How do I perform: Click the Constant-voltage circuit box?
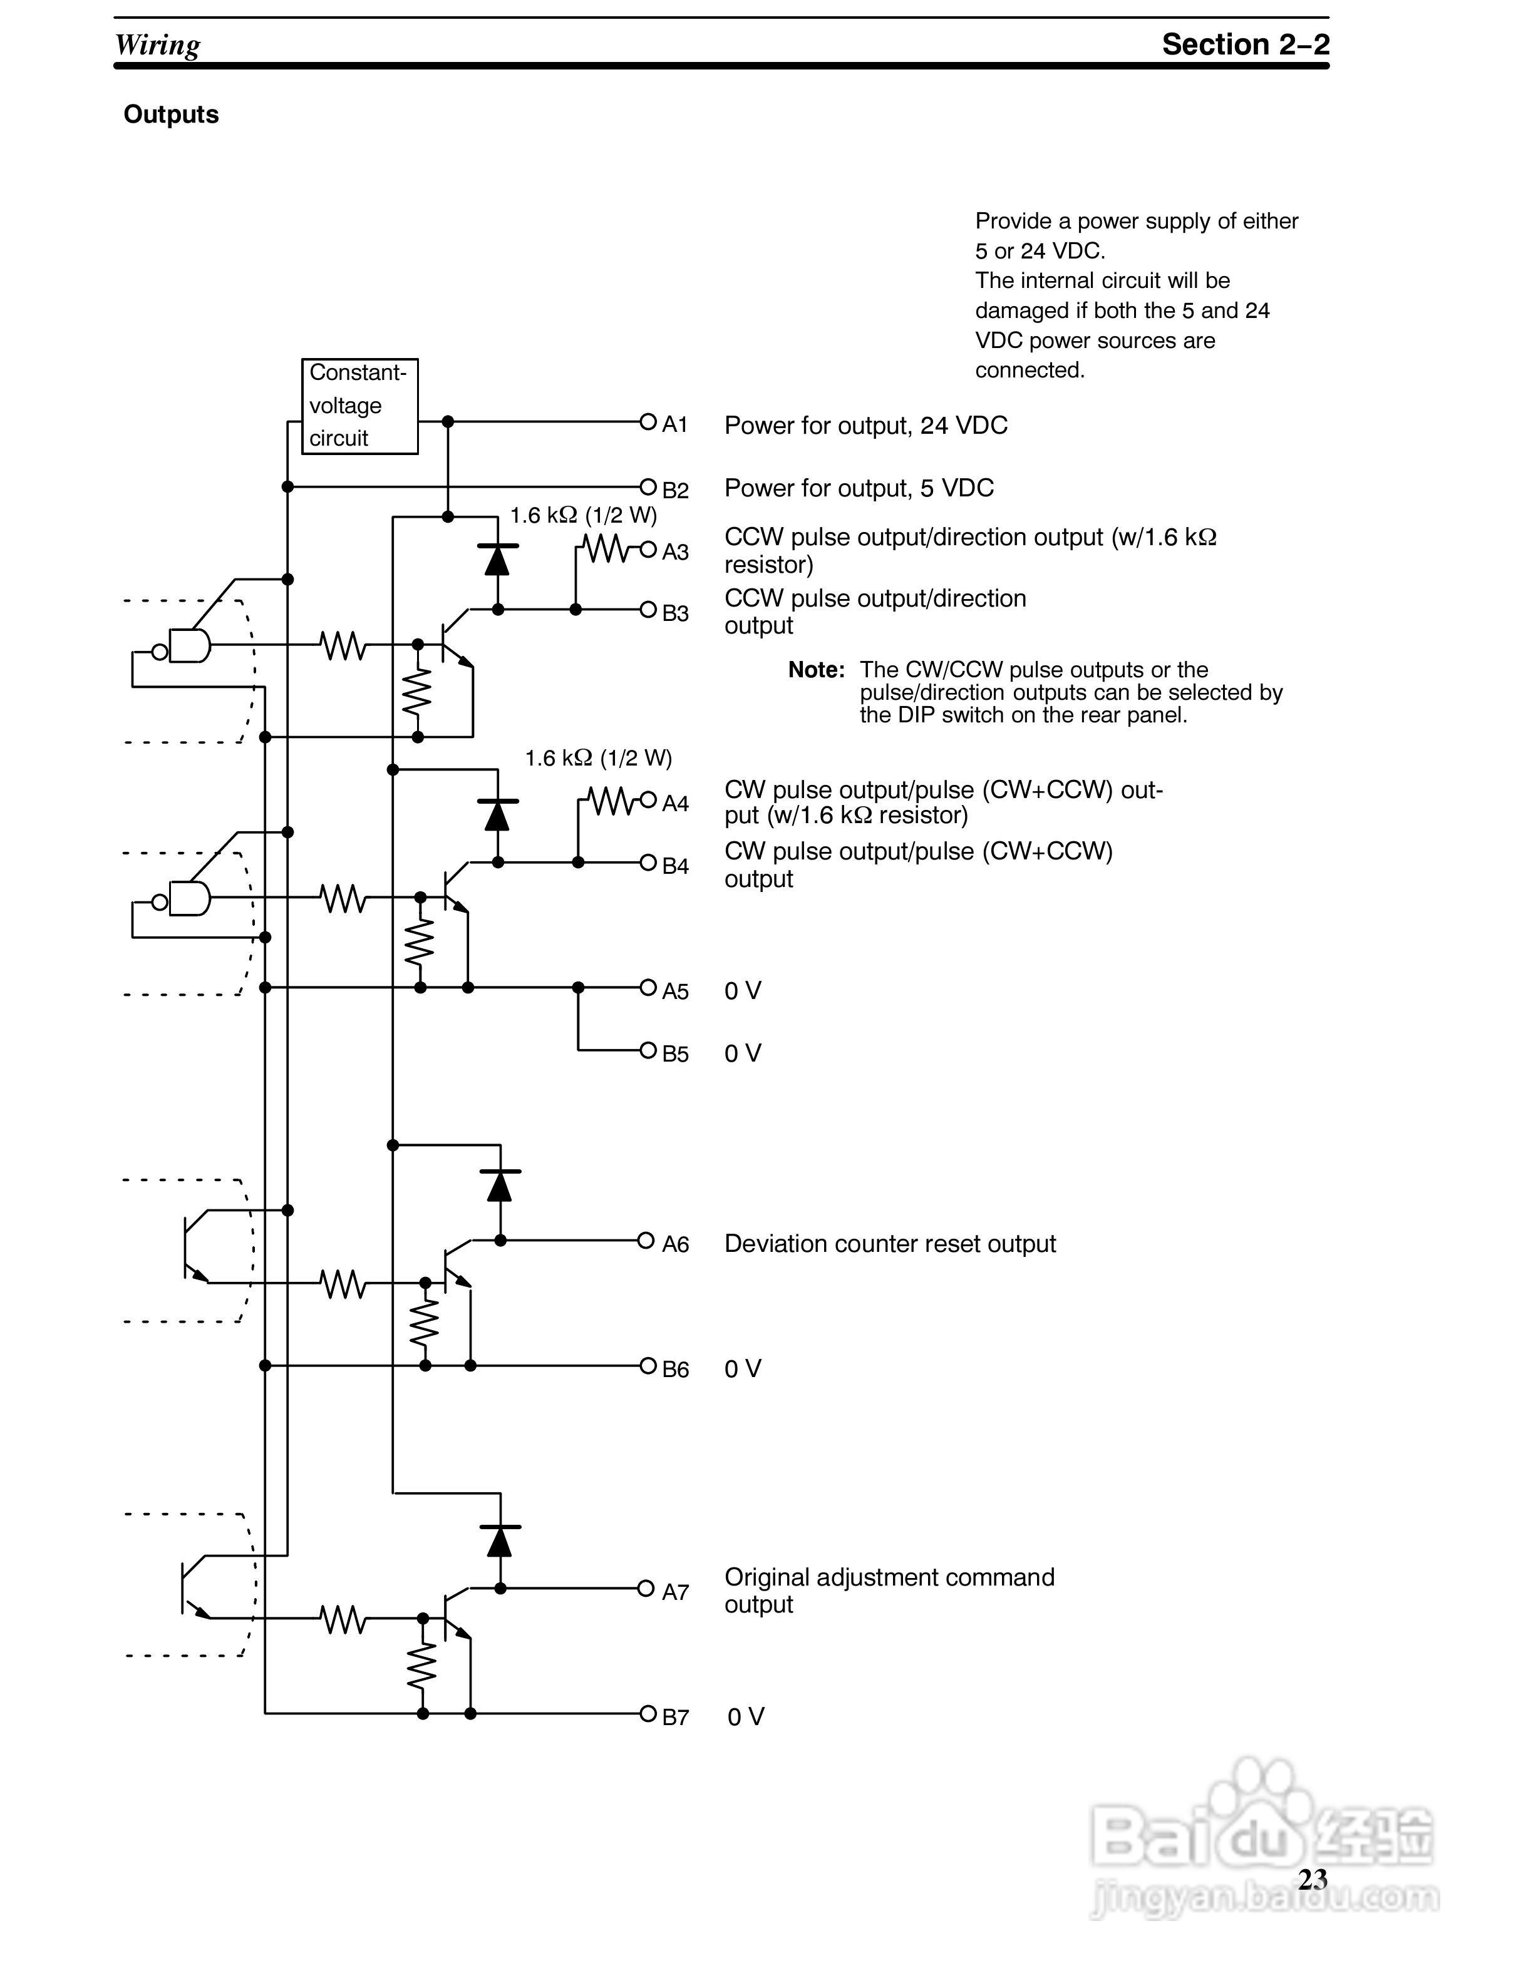point(359,406)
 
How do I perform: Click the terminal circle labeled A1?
point(648,421)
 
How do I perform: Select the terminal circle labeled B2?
point(648,486)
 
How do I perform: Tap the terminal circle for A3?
point(648,548)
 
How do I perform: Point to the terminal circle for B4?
point(648,862)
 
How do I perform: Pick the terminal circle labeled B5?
point(648,1050)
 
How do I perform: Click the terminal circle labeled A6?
point(646,1239)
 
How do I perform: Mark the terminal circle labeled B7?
point(648,1713)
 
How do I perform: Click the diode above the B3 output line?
point(497,560)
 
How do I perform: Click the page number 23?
point(1313,1880)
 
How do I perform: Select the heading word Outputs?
point(171,115)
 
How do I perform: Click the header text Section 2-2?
point(1245,44)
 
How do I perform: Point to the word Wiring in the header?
point(157,44)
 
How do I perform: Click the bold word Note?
point(815,670)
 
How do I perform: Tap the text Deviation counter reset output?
point(890,1244)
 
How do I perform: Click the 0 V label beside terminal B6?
point(742,1368)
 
